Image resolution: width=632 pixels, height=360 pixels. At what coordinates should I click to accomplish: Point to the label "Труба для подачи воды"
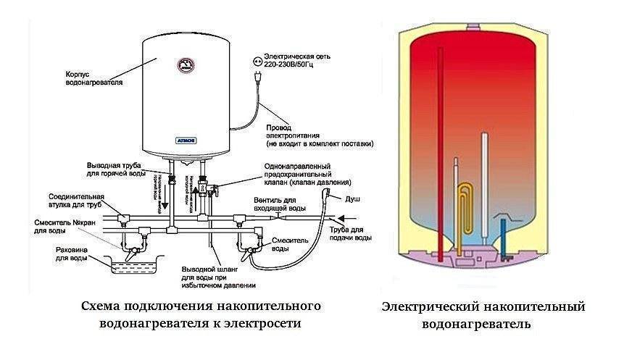coord(355,233)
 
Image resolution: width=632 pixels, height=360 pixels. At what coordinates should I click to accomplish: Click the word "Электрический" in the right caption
coord(431,307)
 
